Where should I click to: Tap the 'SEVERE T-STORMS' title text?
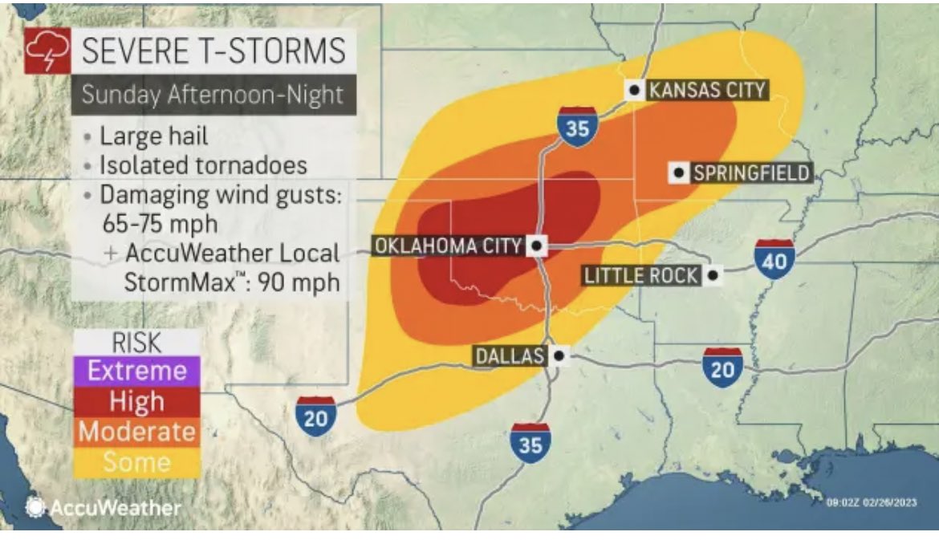coord(213,52)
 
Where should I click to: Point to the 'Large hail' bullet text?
coord(153,136)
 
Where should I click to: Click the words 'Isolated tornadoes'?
coord(203,164)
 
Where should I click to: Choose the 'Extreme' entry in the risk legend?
coord(136,371)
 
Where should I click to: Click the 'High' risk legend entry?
coord(136,401)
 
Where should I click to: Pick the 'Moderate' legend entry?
coord(136,432)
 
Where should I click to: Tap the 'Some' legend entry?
coord(136,462)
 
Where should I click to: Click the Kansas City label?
coord(706,89)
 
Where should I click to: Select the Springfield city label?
coord(750,172)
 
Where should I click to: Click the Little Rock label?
coord(640,276)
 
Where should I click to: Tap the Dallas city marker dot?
coord(559,355)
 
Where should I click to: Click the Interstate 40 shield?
coord(774,258)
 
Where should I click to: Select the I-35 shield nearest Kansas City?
coord(577,127)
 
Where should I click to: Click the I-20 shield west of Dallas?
coord(315,416)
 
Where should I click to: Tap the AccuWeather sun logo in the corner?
coord(35,507)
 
